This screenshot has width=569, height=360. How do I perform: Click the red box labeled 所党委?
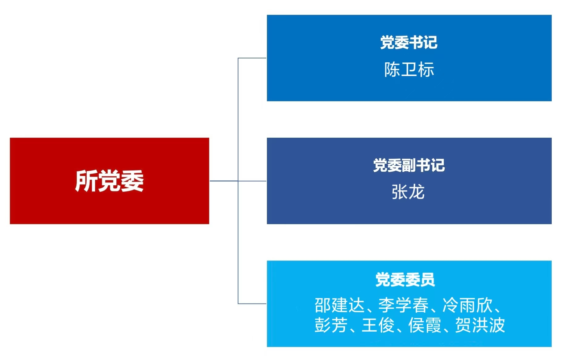[x=110, y=181]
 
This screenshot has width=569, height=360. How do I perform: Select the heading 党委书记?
[x=409, y=43]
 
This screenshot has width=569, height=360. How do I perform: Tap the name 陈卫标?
[x=409, y=69]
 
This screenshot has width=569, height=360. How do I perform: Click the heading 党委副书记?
[x=409, y=165]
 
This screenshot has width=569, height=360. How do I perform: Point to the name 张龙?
[x=408, y=192]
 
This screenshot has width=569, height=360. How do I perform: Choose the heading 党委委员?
[x=405, y=280]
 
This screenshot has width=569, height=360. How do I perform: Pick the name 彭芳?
[x=331, y=325]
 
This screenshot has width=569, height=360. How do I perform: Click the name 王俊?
[x=378, y=325]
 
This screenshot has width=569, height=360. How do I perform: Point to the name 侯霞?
[x=425, y=325]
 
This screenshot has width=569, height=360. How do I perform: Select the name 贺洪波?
[x=480, y=325]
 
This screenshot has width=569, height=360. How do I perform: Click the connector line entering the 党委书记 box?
[x=252, y=58]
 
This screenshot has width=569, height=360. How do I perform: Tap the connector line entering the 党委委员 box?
[x=252, y=304]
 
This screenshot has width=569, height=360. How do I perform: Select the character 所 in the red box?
[x=86, y=181]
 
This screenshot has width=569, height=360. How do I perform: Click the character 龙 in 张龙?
[x=417, y=192]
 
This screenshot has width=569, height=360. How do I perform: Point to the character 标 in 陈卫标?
[x=426, y=69]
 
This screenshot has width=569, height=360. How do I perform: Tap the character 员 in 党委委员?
[x=428, y=280]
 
